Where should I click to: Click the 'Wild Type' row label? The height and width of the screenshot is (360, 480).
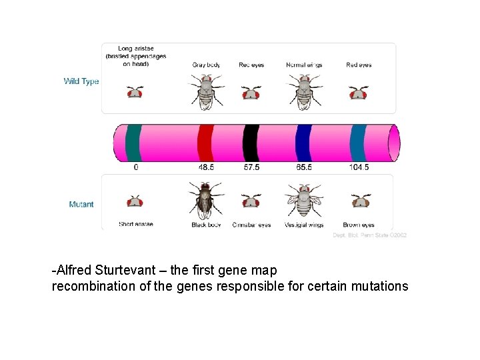(x=81, y=81)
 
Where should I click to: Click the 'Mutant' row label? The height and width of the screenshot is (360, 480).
(x=81, y=204)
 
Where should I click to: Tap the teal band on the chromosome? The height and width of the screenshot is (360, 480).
(x=134, y=143)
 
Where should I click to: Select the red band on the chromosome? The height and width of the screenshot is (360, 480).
(x=205, y=143)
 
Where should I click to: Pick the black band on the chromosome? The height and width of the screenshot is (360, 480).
(x=251, y=143)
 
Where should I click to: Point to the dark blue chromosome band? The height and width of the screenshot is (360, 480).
(x=304, y=143)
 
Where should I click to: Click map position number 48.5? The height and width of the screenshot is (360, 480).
(x=206, y=167)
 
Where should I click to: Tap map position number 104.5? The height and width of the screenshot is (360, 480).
(x=359, y=167)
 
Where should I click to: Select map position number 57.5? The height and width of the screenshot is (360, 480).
(x=251, y=167)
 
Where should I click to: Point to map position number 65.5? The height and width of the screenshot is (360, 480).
(x=304, y=167)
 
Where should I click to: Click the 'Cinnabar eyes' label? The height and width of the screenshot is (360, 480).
(x=251, y=225)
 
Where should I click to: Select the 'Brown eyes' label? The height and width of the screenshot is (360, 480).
(x=359, y=225)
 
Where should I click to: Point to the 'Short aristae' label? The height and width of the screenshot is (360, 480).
(x=136, y=224)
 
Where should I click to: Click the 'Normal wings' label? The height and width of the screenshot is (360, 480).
(x=304, y=65)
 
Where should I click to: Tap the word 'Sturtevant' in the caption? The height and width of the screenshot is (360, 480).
(x=127, y=271)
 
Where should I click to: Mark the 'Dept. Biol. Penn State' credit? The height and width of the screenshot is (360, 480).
(x=370, y=235)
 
